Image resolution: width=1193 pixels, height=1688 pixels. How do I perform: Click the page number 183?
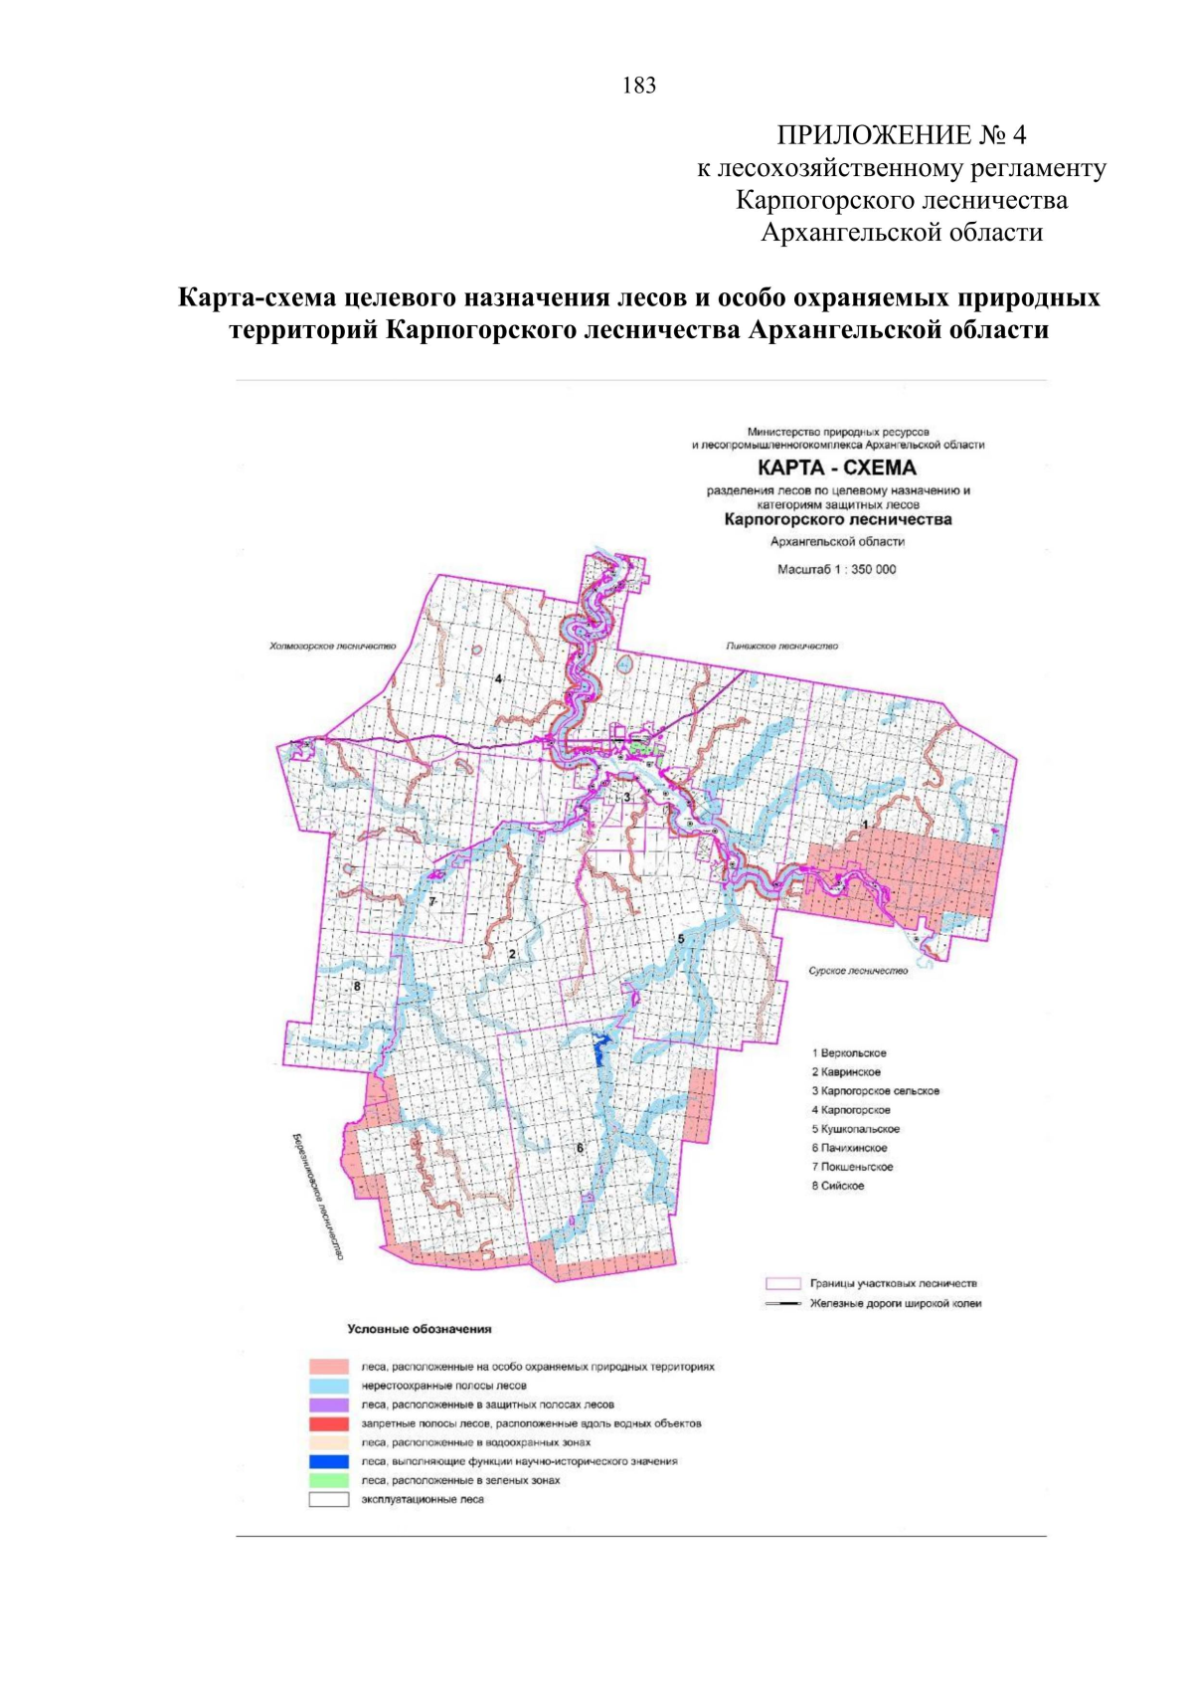[x=638, y=86]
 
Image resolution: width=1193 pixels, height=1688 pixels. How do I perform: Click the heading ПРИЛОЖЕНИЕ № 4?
[x=901, y=135]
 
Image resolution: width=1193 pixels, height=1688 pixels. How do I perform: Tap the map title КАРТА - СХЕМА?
[x=837, y=468]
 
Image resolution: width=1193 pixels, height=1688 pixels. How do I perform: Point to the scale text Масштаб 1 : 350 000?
[x=836, y=570]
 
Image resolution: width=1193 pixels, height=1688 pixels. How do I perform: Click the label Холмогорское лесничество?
[x=332, y=647]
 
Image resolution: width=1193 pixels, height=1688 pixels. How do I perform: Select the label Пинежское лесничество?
[x=781, y=647]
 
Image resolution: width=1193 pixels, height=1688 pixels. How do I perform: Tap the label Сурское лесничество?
[x=858, y=971]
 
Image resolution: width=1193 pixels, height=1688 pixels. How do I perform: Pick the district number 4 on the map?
[x=498, y=679]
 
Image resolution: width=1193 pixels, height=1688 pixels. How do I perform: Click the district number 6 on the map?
[x=580, y=1148]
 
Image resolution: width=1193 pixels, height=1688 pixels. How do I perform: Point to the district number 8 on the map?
[x=357, y=987]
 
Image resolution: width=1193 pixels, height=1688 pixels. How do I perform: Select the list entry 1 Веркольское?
[x=849, y=1052]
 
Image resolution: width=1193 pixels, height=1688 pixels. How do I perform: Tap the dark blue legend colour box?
[x=328, y=1461]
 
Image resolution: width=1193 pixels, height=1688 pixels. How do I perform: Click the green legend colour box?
[x=328, y=1480]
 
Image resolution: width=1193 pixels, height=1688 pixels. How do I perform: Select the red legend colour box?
[x=328, y=1423]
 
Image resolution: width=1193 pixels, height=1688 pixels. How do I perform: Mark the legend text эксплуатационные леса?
[x=423, y=1499]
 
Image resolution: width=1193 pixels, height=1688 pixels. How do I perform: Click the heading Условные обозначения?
[x=419, y=1329]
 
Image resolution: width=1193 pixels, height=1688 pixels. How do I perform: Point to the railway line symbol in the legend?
[x=782, y=1303]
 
